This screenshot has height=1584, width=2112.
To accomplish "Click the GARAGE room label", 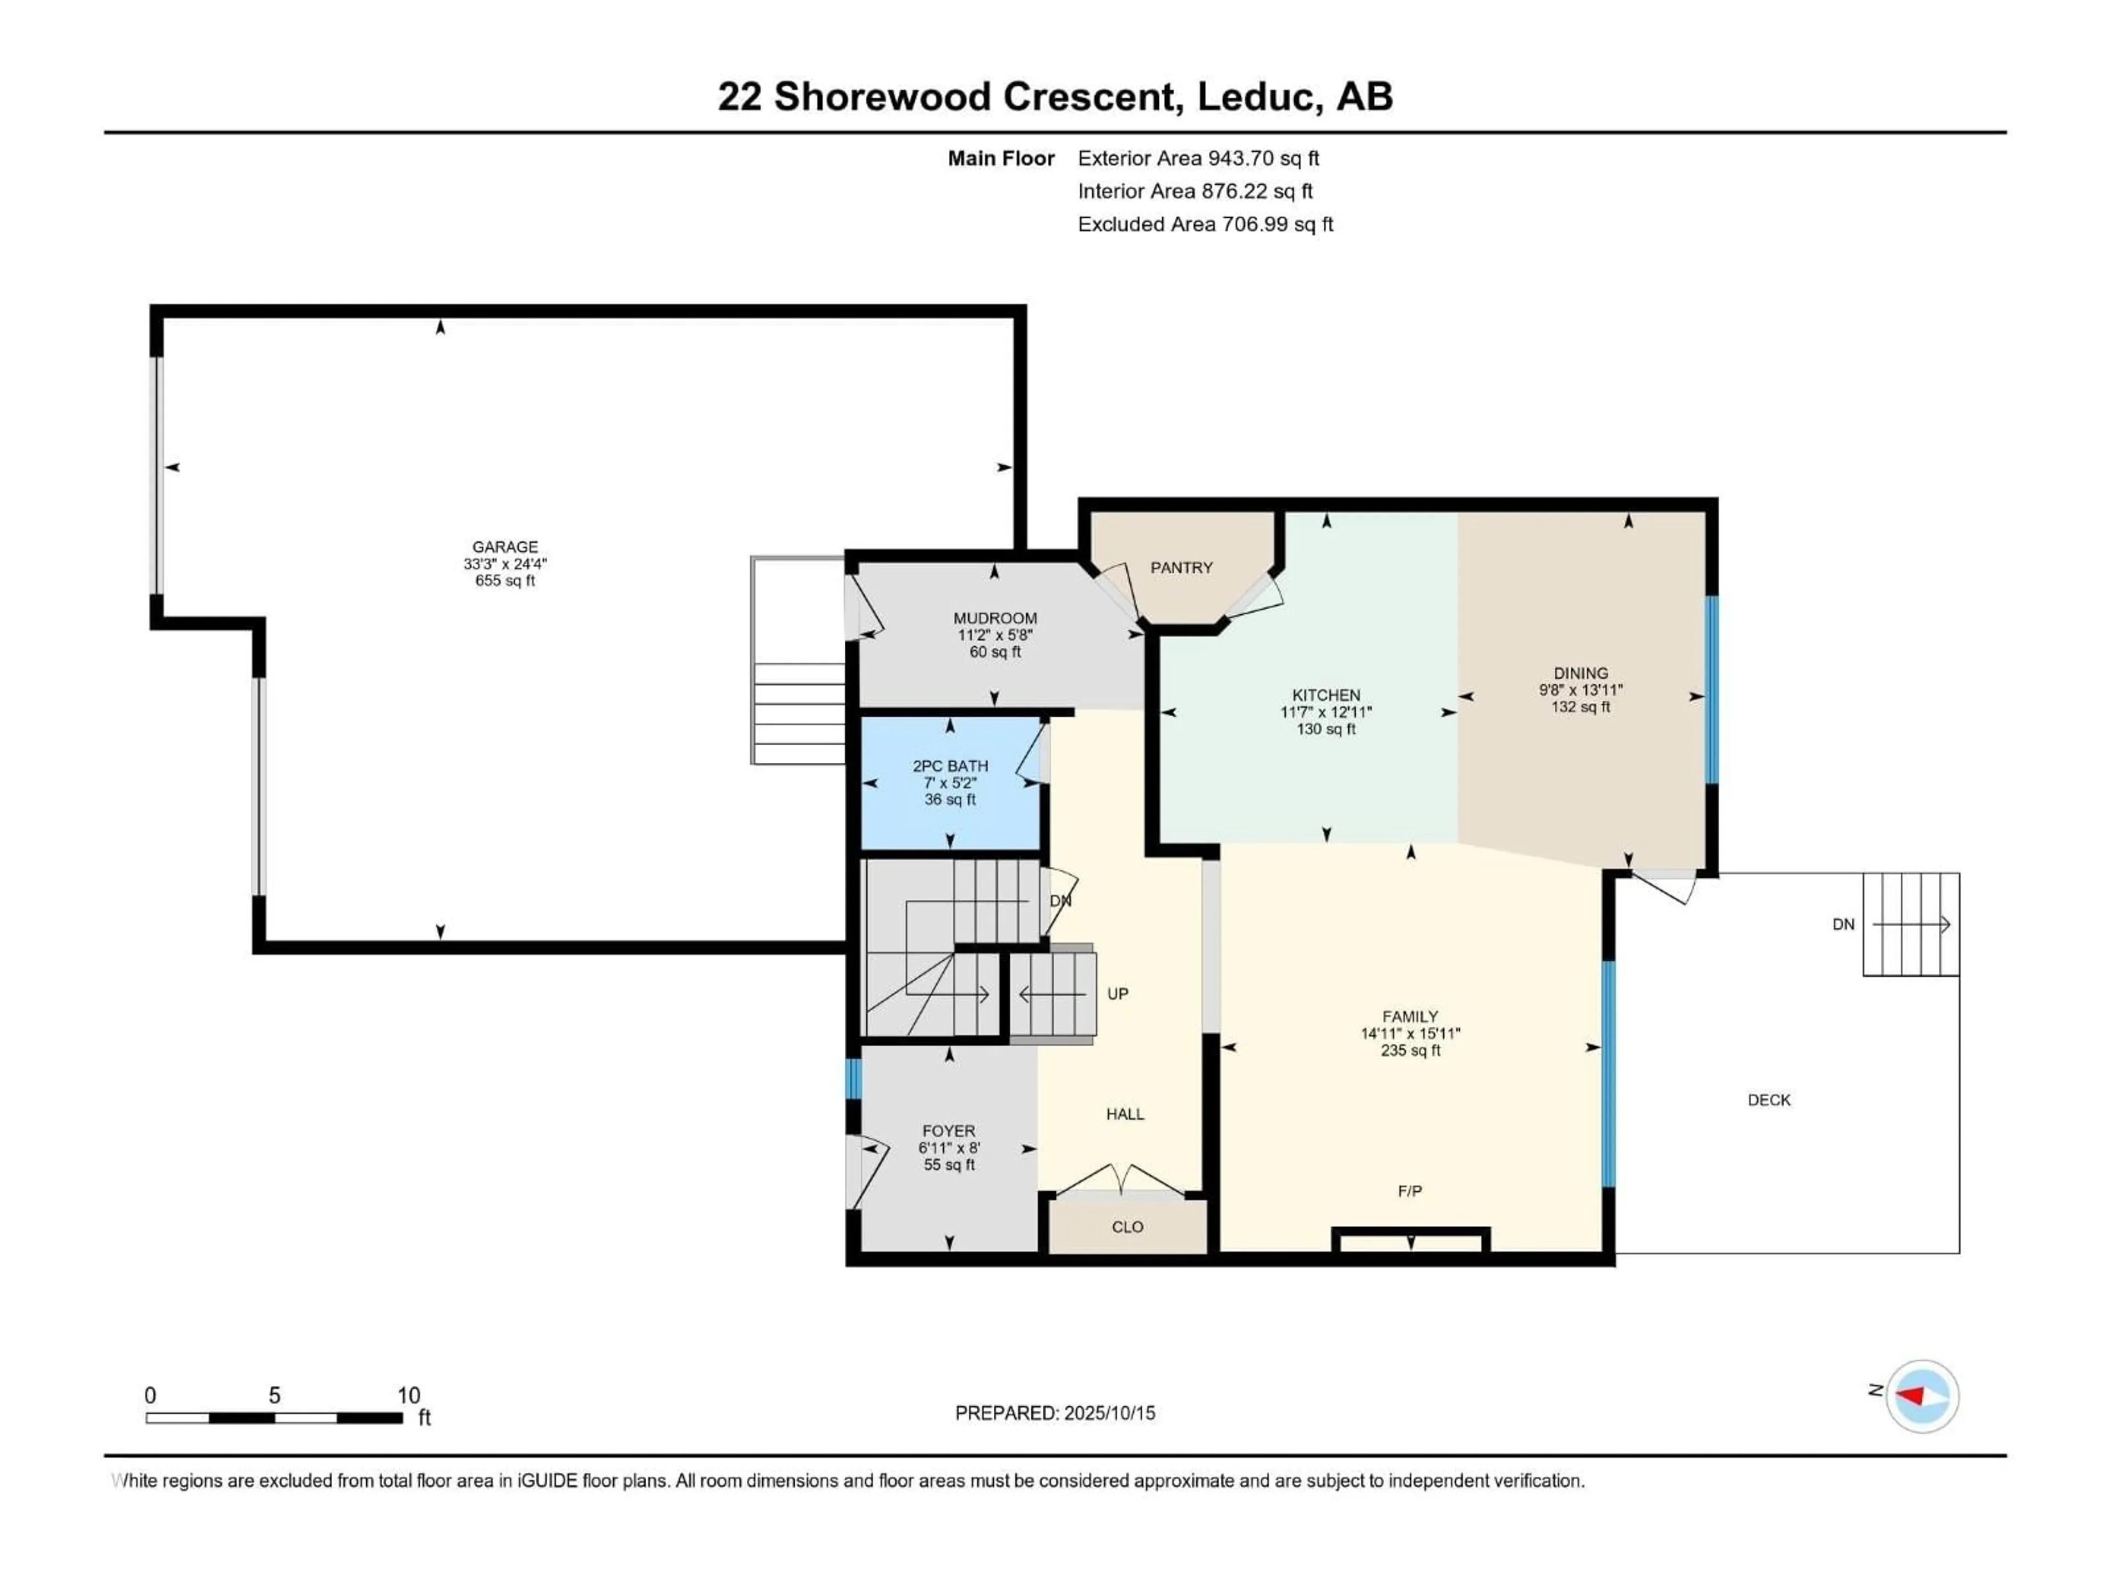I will [504, 547].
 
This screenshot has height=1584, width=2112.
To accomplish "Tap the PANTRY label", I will [1181, 568].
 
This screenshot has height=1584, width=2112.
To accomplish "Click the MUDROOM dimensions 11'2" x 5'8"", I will [995, 635].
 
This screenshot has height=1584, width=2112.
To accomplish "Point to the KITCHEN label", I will [1325, 695].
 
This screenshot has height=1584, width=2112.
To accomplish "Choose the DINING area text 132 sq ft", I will [1580, 707].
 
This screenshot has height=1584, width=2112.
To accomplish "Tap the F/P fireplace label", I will [1409, 1191].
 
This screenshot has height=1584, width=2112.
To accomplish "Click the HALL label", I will [1125, 1114].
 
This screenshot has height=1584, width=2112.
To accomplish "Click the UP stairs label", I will [1117, 994].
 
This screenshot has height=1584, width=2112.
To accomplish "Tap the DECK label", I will [1768, 1100].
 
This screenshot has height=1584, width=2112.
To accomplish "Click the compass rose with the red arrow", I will [1922, 1396].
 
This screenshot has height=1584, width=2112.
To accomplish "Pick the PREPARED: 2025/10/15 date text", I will [1054, 1413].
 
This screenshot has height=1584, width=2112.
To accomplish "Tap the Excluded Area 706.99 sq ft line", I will [1205, 224].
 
